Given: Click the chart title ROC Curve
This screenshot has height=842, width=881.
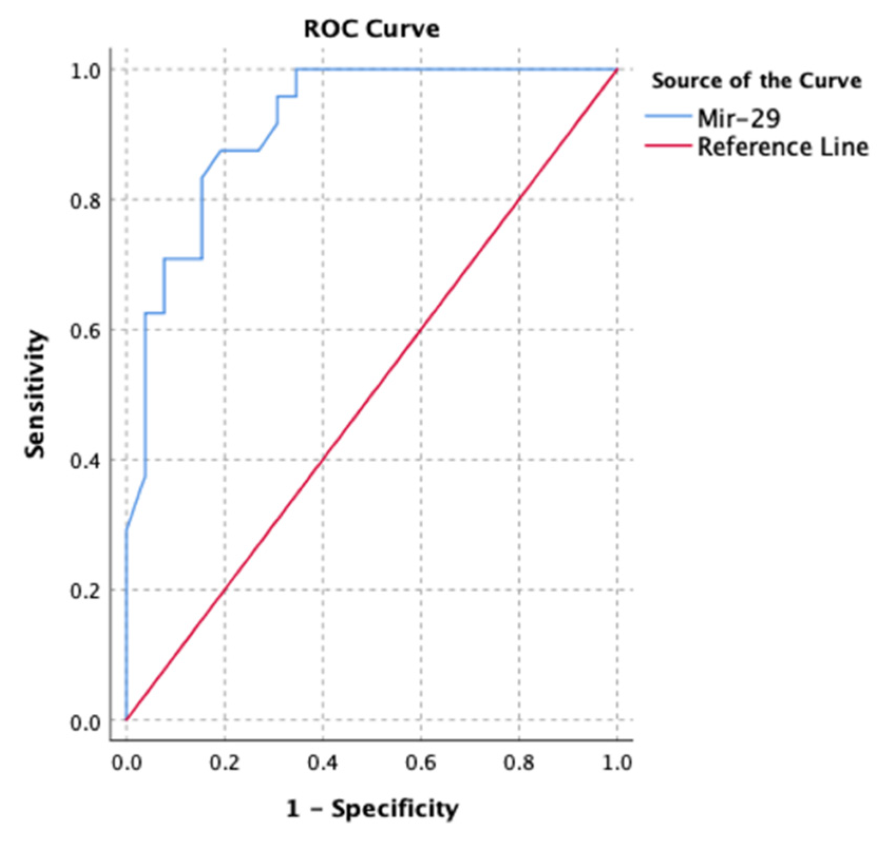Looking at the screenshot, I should pyautogui.click(x=371, y=30).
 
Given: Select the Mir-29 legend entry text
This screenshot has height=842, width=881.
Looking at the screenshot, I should pyautogui.click(x=739, y=119).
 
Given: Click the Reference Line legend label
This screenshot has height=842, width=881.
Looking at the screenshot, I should pyautogui.click(x=782, y=147).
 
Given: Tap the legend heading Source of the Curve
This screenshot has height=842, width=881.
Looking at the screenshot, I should pyautogui.click(x=756, y=81).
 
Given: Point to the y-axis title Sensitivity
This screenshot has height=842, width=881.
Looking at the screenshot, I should pyautogui.click(x=36, y=394).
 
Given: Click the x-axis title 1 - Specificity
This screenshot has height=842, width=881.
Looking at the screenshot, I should pyautogui.click(x=372, y=809).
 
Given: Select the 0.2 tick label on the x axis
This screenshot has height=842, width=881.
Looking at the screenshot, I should pyautogui.click(x=224, y=763).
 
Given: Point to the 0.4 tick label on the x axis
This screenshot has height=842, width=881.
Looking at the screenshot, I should pyautogui.click(x=323, y=763).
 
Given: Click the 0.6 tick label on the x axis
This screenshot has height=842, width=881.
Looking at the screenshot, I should pyautogui.click(x=421, y=763).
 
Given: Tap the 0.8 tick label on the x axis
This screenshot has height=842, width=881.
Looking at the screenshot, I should pyautogui.click(x=519, y=763).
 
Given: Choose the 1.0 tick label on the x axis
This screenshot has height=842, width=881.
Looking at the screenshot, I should pyautogui.click(x=617, y=763).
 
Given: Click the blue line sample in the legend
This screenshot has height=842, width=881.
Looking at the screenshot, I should pyautogui.click(x=668, y=117).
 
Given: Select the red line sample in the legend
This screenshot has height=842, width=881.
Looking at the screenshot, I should pyautogui.click(x=668, y=145).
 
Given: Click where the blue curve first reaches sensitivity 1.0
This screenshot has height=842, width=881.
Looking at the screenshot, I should pyautogui.click(x=296, y=70).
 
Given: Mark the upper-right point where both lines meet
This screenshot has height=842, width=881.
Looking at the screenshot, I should pyautogui.click(x=617, y=70).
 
